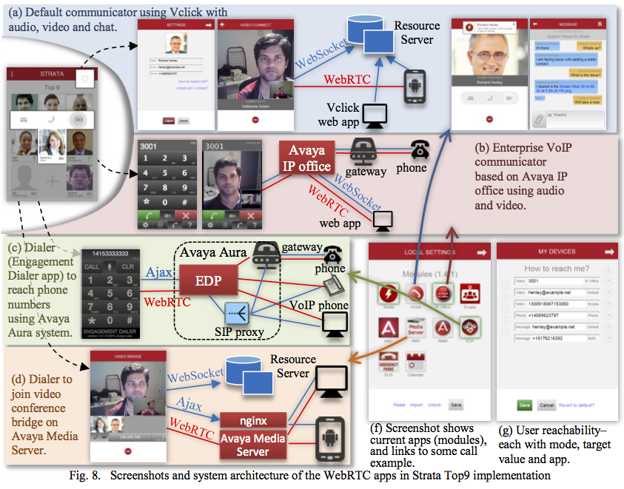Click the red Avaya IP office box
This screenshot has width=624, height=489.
tap(305, 157)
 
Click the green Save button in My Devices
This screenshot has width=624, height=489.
tap(524, 405)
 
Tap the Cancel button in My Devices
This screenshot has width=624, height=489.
tap(546, 405)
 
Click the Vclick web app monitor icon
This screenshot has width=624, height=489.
tap(378, 114)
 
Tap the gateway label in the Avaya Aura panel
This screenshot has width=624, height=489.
tap(301, 247)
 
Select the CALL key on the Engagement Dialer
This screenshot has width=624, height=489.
tap(93, 266)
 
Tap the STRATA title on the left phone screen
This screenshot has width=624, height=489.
tap(52, 75)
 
